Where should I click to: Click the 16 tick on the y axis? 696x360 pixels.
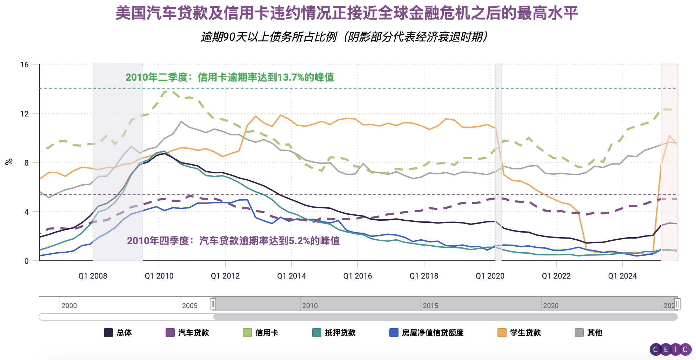point(24,65)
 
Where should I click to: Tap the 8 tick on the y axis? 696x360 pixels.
point(26,163)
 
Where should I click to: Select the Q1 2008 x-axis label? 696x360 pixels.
point(93,276)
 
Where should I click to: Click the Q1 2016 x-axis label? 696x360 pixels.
point(357,276)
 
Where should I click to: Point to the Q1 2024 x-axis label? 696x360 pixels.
point(622,276)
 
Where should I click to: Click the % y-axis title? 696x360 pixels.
point(9,162)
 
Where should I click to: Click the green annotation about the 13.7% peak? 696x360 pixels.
point(229,77)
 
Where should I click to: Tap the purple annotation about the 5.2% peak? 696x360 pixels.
point(233,241)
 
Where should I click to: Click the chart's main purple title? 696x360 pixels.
point(347,13)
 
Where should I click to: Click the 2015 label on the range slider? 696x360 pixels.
point(430,306)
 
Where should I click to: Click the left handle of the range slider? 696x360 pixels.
point(213,304)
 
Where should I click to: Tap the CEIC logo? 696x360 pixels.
point(670,349)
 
